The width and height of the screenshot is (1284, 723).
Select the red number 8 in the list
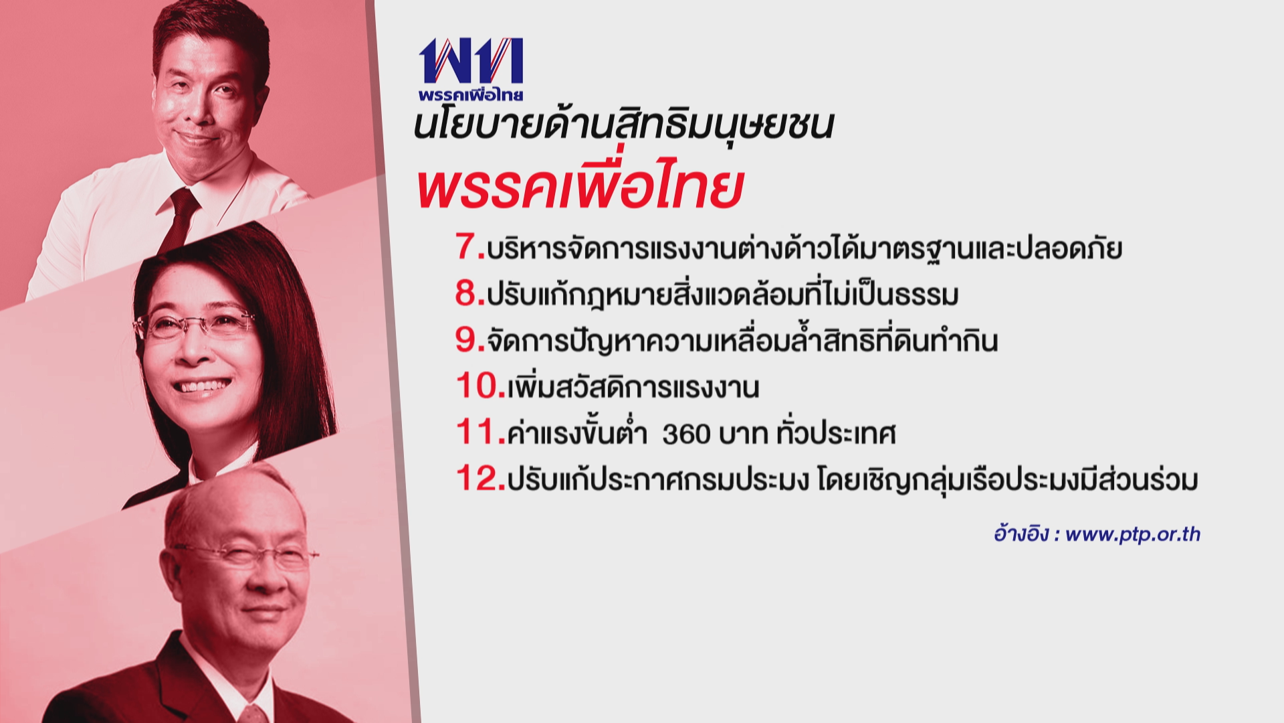[x=466, y=293]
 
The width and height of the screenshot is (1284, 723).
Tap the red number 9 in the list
[x=466, y=339]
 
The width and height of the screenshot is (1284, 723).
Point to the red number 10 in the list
[x=477, y=386]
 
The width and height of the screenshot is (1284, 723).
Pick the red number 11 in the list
[x=476, y=432]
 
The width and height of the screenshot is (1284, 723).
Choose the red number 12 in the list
[x=477, y=479]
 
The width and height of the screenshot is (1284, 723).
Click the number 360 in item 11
[x=686, y=434]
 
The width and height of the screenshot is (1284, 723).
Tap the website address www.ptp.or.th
[x=1133, y=534]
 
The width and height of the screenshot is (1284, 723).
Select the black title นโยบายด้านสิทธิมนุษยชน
[x=624, y=125]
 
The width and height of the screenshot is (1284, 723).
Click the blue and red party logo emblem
[x=471, y=60]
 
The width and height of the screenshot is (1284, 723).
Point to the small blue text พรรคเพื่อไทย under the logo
[x=471, y=94]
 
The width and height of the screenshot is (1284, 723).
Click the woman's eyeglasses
[x=194, y=325]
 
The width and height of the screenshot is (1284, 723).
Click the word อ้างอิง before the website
[x=1021, y=534]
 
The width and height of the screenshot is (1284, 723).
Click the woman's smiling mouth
[x=201, y=386]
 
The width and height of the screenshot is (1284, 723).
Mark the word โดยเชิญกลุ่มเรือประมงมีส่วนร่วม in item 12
[x=1007, y=479]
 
